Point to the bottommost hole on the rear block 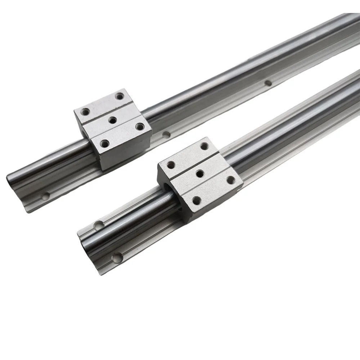pyautogui.click(x=104, y=144)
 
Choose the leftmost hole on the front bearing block pyautogui.click(x=170, y=165)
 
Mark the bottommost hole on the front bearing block pyautogui.click(x=196, y=200)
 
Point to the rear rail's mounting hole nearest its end pyautogui.click(x=45, y=197)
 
